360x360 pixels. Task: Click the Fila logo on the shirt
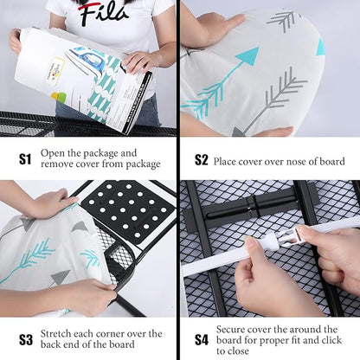(103, 12)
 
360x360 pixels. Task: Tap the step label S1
(25, 159)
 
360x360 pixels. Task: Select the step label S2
(201, 160)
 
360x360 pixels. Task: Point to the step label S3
(26, 339)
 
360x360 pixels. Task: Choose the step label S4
(202, 340)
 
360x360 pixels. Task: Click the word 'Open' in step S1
(50, 153)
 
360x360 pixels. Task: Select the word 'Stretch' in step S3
(55, 334)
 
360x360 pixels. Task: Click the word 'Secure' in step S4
(230, 330)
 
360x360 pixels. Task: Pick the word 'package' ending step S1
(143, 164)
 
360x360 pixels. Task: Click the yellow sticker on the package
(56, 71)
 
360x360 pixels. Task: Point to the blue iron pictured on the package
(85, 60)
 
